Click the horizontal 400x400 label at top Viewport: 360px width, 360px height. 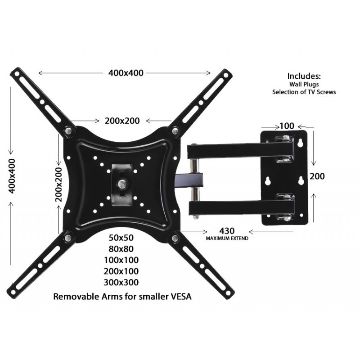[126, 73]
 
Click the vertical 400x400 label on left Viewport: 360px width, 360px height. [12, 175]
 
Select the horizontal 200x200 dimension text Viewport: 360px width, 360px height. [122, 121]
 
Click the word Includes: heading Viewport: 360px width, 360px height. [304, 76]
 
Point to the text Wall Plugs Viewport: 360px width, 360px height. [304, 84]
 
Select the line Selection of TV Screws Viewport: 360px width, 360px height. [304, 92]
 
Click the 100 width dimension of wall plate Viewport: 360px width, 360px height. [287, 126]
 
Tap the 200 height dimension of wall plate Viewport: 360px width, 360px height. [316, 176]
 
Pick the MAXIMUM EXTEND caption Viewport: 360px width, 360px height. [227, 238]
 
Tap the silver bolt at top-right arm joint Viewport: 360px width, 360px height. [175, 131]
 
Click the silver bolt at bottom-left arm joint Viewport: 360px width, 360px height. [68, 237]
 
